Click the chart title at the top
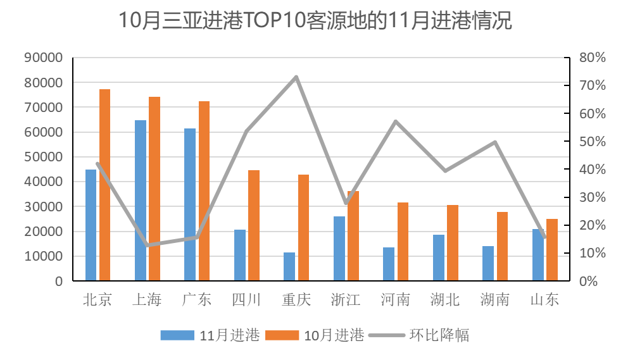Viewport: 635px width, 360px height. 315,21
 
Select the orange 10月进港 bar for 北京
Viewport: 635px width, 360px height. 104,185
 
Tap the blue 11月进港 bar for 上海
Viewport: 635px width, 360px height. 141,201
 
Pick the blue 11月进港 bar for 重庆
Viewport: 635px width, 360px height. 289,266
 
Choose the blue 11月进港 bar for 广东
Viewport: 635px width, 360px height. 190,204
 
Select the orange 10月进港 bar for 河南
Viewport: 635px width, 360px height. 403,242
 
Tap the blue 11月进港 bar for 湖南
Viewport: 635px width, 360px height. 488,263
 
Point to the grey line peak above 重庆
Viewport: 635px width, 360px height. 296,77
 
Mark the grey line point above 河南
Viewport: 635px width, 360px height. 396,121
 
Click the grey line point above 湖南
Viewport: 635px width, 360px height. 495,142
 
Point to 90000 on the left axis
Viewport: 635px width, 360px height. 44,58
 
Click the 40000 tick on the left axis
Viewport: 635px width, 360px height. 44,182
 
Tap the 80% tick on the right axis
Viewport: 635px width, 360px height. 593,58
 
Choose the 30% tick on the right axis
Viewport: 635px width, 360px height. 593,197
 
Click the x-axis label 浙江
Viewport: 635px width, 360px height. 346,299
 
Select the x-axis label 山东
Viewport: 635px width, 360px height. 544,299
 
